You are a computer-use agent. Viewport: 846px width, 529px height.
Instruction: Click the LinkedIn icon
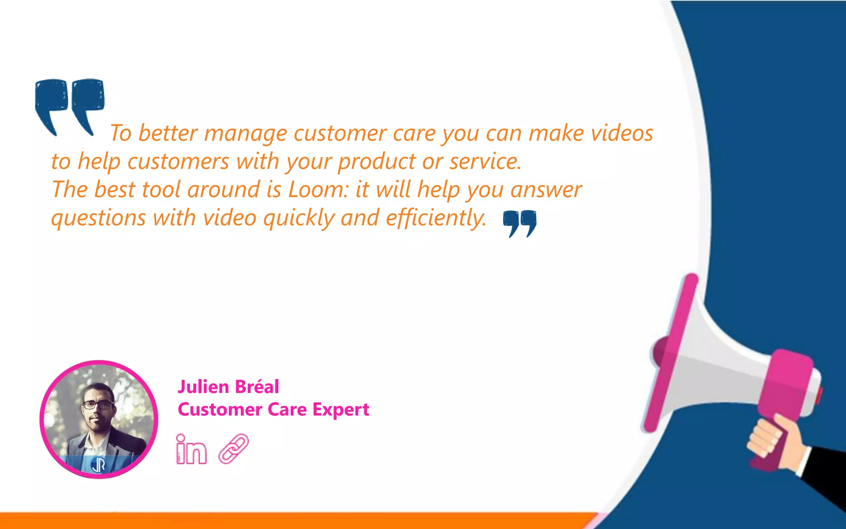(x=191, y=450)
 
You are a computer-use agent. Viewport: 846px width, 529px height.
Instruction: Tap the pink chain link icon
(x=233, y=448)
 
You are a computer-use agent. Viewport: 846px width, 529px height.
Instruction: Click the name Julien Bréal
(x=228, y=387)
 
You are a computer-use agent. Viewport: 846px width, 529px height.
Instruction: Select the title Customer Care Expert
(x=273, y=410)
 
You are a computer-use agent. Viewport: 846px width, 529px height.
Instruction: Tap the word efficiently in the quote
(x=436, y=218)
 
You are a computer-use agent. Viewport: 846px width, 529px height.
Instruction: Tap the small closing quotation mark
(x=520, y=223)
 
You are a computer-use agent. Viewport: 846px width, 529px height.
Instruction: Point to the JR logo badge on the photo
(x=98, y=465)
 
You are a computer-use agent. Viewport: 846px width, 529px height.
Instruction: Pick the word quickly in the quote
(x=299, y=219)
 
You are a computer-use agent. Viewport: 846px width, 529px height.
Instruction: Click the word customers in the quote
(x=178, y=162)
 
